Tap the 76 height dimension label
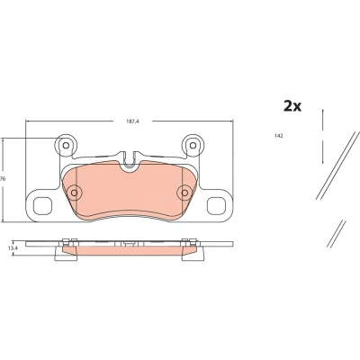3,179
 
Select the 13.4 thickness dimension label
12,247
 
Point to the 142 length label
279,136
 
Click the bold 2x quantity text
292,106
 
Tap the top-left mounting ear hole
66,146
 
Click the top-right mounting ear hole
193,146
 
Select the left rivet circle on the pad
74,193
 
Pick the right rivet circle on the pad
184,193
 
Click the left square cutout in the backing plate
42,206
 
